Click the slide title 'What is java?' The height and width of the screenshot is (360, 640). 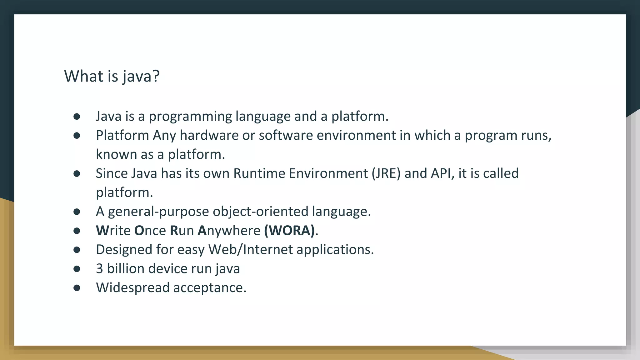pyautogui.click(x=112, y=76)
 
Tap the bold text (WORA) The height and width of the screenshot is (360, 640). pyautogui.click(x=289, y=231)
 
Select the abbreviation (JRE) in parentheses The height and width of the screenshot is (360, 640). pyautogui.click(x=386, y=173)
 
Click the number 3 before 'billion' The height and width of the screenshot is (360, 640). pyautogui.click(x=99, y=269)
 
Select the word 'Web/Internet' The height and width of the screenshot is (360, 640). pyautogui.click(x=250, y=250)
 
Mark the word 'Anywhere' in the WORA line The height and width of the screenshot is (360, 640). pyautogui.click(x=229, y=231)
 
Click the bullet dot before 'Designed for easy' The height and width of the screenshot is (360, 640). pyautogui.click(x=77, y=250)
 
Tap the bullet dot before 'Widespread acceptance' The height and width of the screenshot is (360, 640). pyautogui.click(x=77, y=288)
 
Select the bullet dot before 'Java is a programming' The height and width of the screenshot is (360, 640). pyautogui.click(x=77, y=117)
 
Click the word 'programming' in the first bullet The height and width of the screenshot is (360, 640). pyautogui.click(x=190, y=117)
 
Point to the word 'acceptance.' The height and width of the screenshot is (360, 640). pyautogui.click(x=210, y=288)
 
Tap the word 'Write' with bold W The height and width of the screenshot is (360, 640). pyautogui.click(x=113, y=231)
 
